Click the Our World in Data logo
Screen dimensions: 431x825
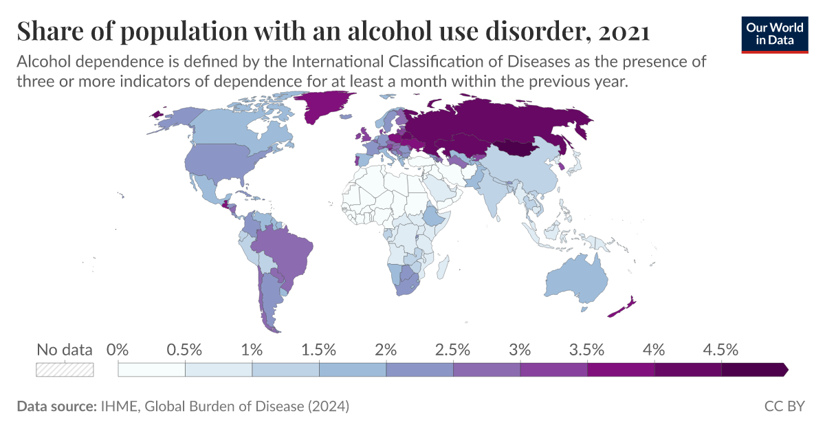[x=774, y=34]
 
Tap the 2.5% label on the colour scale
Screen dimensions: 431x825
[x=453, y=349]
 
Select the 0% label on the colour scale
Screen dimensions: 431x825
[x=119, y=349]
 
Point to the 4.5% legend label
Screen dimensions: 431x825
[x=721, y=349]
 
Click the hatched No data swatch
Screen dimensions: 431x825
[x=64, y=370]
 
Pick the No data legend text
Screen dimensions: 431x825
[x=64, y=350]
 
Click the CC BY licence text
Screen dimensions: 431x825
[x=784, y=406]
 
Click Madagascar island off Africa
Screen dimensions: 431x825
[x=443, y=264]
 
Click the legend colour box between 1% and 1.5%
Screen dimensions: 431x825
[x=285, y=370]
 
